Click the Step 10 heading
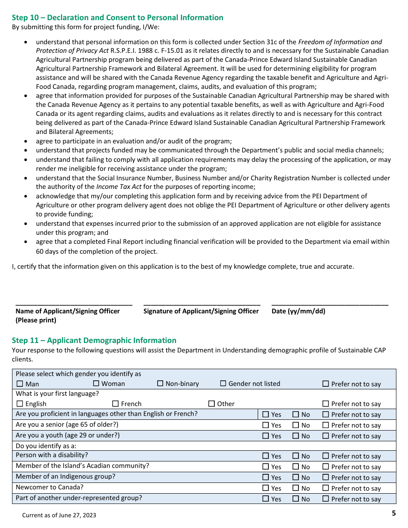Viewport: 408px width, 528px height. pyautogui.click(x=117, y=18)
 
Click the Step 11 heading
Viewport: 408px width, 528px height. pyautogui.click(x=94, y=340)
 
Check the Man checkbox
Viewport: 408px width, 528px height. pyautogui.click(x=20, y=384)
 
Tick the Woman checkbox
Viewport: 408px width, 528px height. pyautogui.click(x=96, y=383)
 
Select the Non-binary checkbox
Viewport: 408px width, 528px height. pyautogui.click(x=160, y=383)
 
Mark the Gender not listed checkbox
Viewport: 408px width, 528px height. pyautogui.click(x=223, y=383)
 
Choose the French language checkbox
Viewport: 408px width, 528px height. pyautogui.click(x=116, y=404)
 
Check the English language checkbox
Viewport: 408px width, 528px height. pyautogui.click(x=20, y=404)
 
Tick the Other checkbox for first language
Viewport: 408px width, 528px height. pyautogui.click(x=211, y=404)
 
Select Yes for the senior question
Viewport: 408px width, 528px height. pyautogui.click(x=265, y=425)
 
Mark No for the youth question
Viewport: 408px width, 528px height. pyautogui.click(x=296, y=436)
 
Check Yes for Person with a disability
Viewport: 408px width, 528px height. pyautogui.click(x=265, y=456)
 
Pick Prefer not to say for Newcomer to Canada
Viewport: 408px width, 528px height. pyautogui.click(x=326, y=488)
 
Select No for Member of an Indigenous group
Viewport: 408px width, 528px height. pyautogui.click(x=296, y=477)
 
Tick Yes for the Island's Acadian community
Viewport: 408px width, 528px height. pyautogui.click(x=265, y=467)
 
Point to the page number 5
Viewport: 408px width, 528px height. pyautogui.click(x=393, y=513)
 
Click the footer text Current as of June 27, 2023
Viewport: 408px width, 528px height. pyautogui.click(x=59, y=515)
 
